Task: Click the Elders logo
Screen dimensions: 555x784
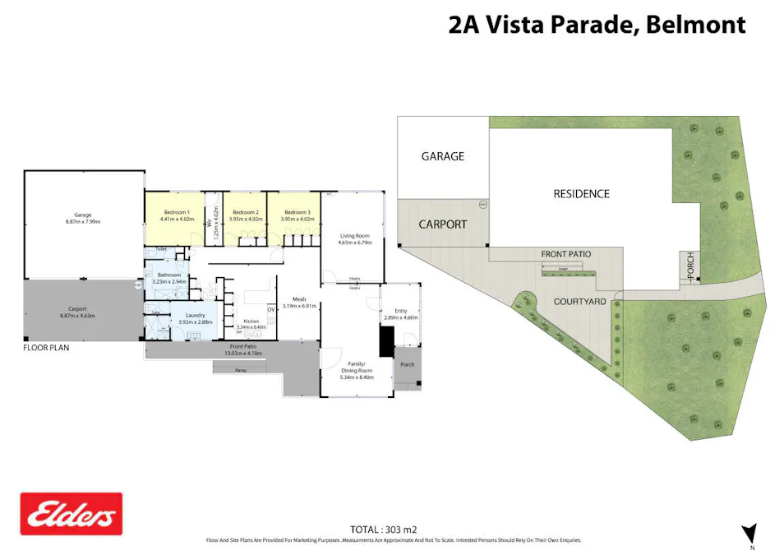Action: (x=71, y=515)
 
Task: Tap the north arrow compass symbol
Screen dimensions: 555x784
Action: (x=749, y=533)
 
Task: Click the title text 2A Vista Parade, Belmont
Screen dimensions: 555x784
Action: (x=597, y=25)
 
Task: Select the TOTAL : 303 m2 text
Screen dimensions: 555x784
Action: (x=394, y=530)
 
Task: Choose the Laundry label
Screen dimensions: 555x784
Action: (x=196, y=315)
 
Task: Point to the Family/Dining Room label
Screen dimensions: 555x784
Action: (x=356, y=367)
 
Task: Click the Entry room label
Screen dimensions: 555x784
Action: (x=401, y=311)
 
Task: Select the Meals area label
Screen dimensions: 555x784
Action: (x=293, y=300)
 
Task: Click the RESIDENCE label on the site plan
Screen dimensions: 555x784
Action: (x=581, y=194)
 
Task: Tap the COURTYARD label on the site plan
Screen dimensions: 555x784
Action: (x=579, y=302)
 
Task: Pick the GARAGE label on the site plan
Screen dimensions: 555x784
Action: (x=443, y=156)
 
